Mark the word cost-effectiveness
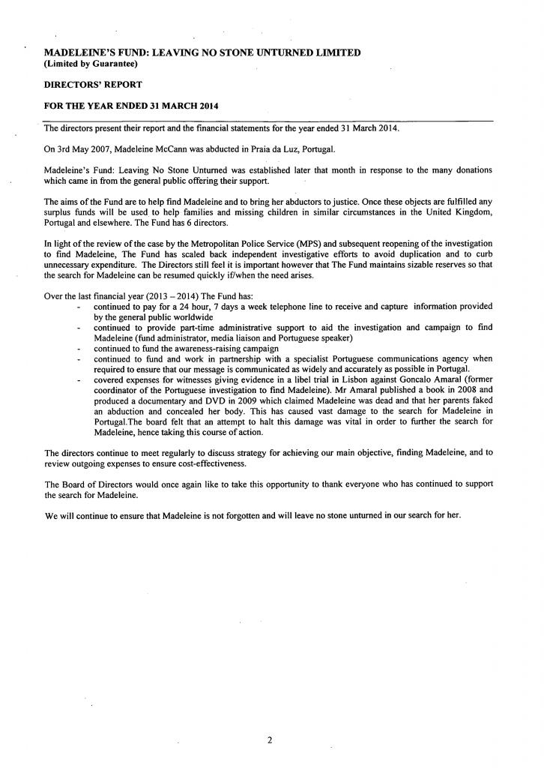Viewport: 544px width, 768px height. point(211,464)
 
